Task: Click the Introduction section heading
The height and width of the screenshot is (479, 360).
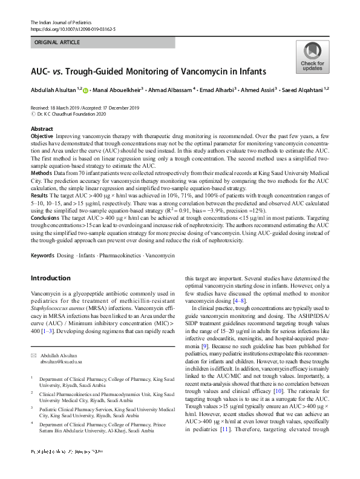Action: click(54, 278)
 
